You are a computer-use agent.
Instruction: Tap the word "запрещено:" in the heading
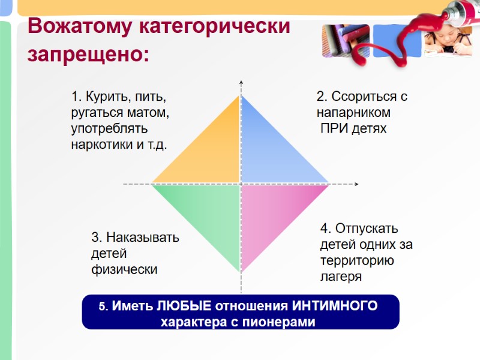point(89,55)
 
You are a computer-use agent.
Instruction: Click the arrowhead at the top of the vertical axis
point(240,82)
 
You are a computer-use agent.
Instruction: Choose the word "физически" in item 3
point(124,269)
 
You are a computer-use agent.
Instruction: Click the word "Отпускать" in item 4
point(367,229)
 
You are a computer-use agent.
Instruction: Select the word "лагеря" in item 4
point(341,277)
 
